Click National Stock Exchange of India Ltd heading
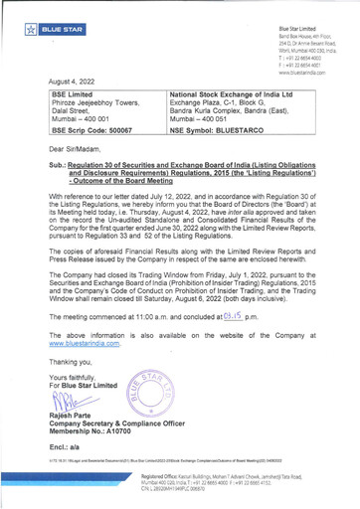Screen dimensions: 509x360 coord(230,91)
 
